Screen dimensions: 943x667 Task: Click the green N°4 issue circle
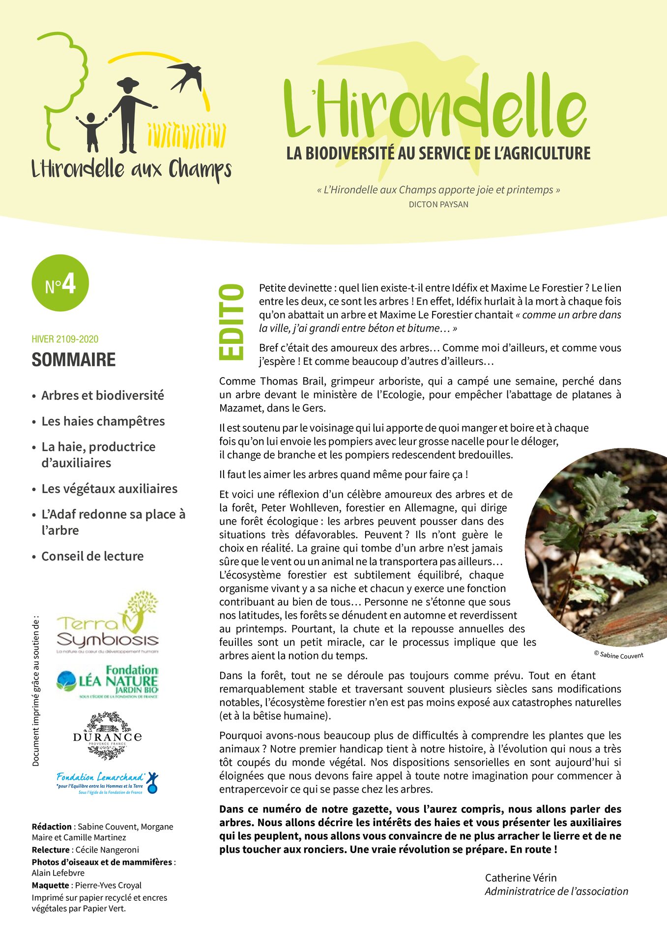click(60, 283)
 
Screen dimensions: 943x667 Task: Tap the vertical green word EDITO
click(232, 322)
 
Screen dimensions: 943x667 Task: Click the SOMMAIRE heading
click(74, 360)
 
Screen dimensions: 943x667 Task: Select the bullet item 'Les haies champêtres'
click(103, 421)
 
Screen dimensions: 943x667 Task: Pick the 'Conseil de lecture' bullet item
click(92, 556)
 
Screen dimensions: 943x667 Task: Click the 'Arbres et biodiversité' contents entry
click(102, 395)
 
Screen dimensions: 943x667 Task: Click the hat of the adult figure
click(128, 83)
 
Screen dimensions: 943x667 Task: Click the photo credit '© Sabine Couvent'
click(618, 655)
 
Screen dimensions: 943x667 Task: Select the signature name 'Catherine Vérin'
click(521, 878)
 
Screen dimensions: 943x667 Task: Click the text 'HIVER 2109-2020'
click(65, 339)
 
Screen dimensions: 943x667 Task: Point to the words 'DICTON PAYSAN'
click(438, 205)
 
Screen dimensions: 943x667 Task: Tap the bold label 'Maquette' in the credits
click(50, 885)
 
